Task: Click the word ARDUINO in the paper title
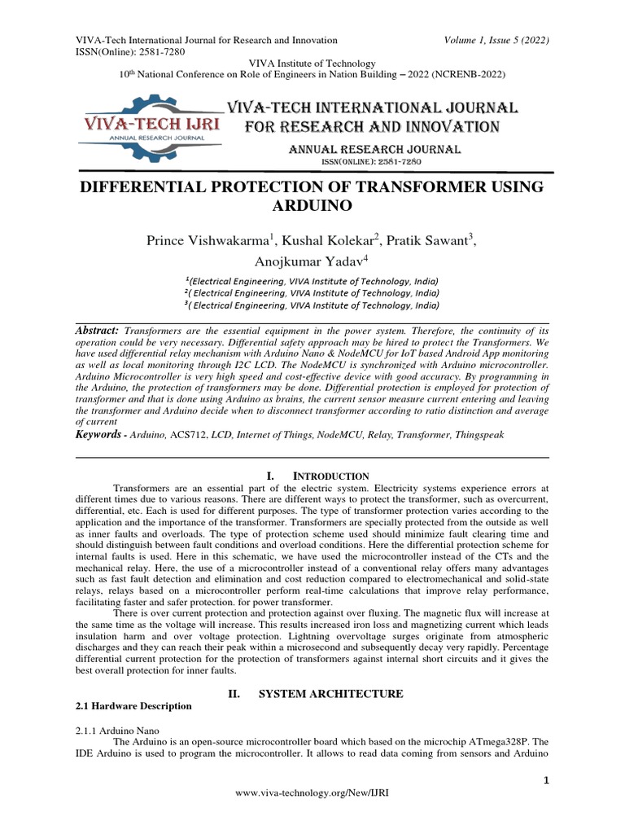[312, 206]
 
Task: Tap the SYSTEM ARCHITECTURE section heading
[330, 694]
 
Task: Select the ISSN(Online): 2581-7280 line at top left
[130, 52]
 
